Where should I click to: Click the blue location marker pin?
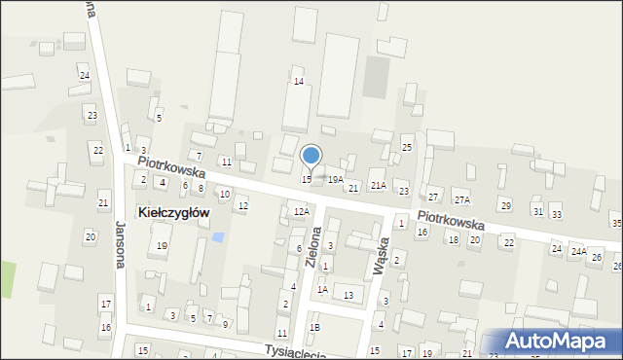(x=311, y=156)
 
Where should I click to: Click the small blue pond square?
(x=217, y=237)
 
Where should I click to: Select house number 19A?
(x=336, y=180)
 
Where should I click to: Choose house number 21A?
(x=379, y=185)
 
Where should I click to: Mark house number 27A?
(x=461, y=199)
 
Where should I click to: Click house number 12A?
(x=302, y=211)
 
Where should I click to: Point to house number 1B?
(x=314, y=328)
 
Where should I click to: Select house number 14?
(x=299, y=82)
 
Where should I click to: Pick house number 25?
(x=407, y=147)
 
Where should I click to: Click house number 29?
(x=504, y=205)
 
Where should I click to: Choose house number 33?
(x=556, y=214)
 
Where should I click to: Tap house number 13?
(x=348, y=295)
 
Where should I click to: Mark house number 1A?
(x=322, y=289)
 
